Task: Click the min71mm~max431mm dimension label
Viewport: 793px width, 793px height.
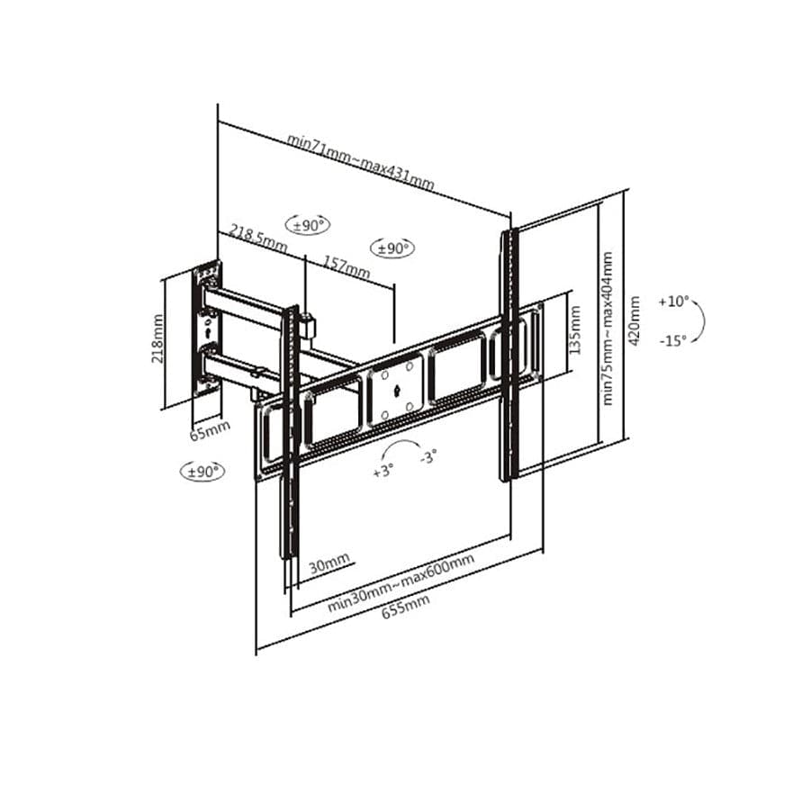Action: click(360, 163)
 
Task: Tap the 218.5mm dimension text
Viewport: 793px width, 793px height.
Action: click(257, 239)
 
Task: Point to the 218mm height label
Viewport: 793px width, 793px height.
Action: click(158, 338)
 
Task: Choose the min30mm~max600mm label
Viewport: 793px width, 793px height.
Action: click(401, 583)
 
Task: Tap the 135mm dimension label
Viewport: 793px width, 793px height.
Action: click(576, 329)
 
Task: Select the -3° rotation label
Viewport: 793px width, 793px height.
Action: click(428, 457)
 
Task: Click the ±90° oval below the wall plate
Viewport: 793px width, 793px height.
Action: click(203, 470)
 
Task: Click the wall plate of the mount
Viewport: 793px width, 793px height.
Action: click(208, 329)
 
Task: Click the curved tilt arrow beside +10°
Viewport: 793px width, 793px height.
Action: click(700, 320)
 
